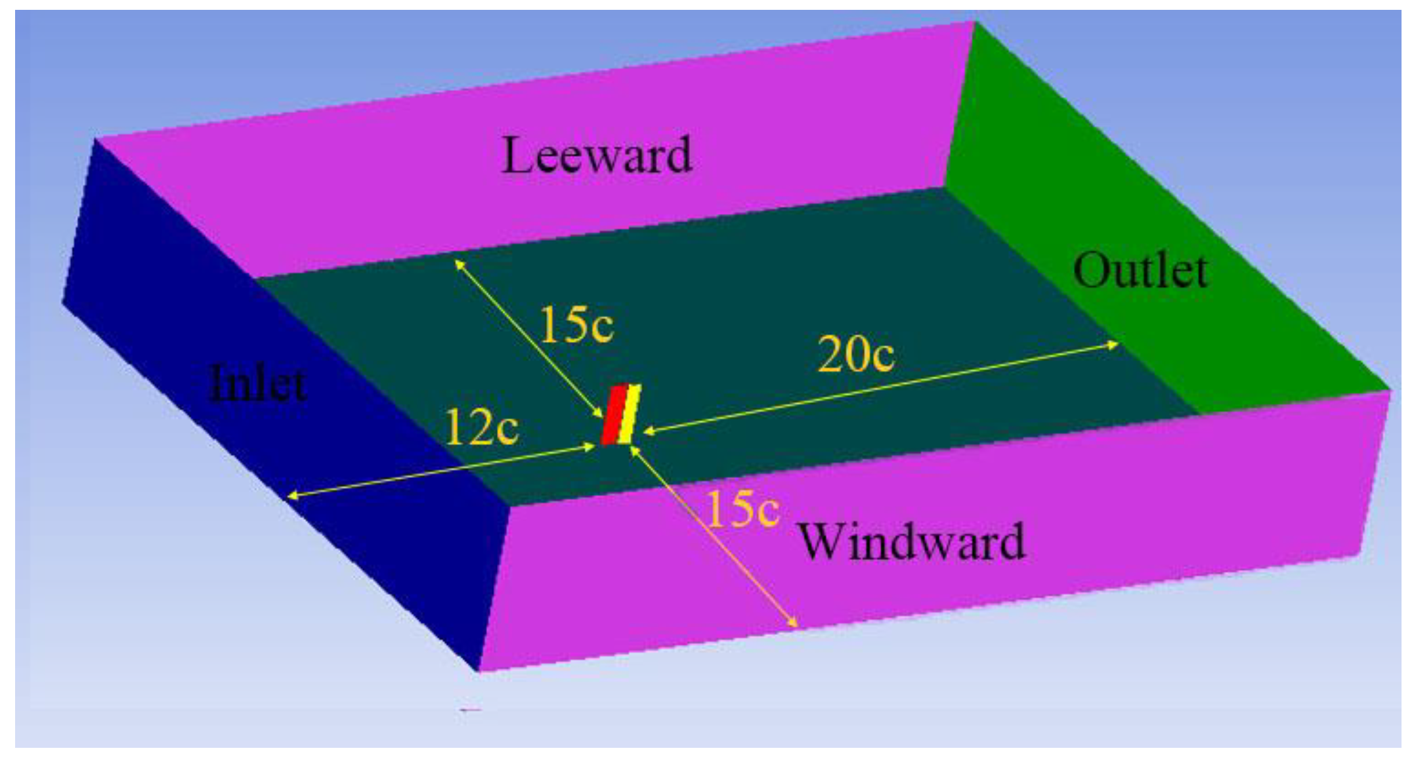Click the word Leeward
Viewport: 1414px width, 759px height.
click(596, 156)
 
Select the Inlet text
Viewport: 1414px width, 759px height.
click(258, 383)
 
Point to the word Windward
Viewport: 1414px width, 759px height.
click(912, 542)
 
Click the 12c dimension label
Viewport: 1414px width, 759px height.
click(481, 427)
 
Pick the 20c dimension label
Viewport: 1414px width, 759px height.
click(855, 354)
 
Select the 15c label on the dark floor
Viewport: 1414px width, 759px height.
click(576, 324)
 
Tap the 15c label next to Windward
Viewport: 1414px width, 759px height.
click(742, 509)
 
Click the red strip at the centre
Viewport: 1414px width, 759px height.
click(614, 415)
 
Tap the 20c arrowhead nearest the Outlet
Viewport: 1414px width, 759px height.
click(1115, 343)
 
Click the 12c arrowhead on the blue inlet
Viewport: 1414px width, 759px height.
click(291, 496)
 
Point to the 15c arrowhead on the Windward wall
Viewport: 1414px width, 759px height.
click(795, 624)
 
